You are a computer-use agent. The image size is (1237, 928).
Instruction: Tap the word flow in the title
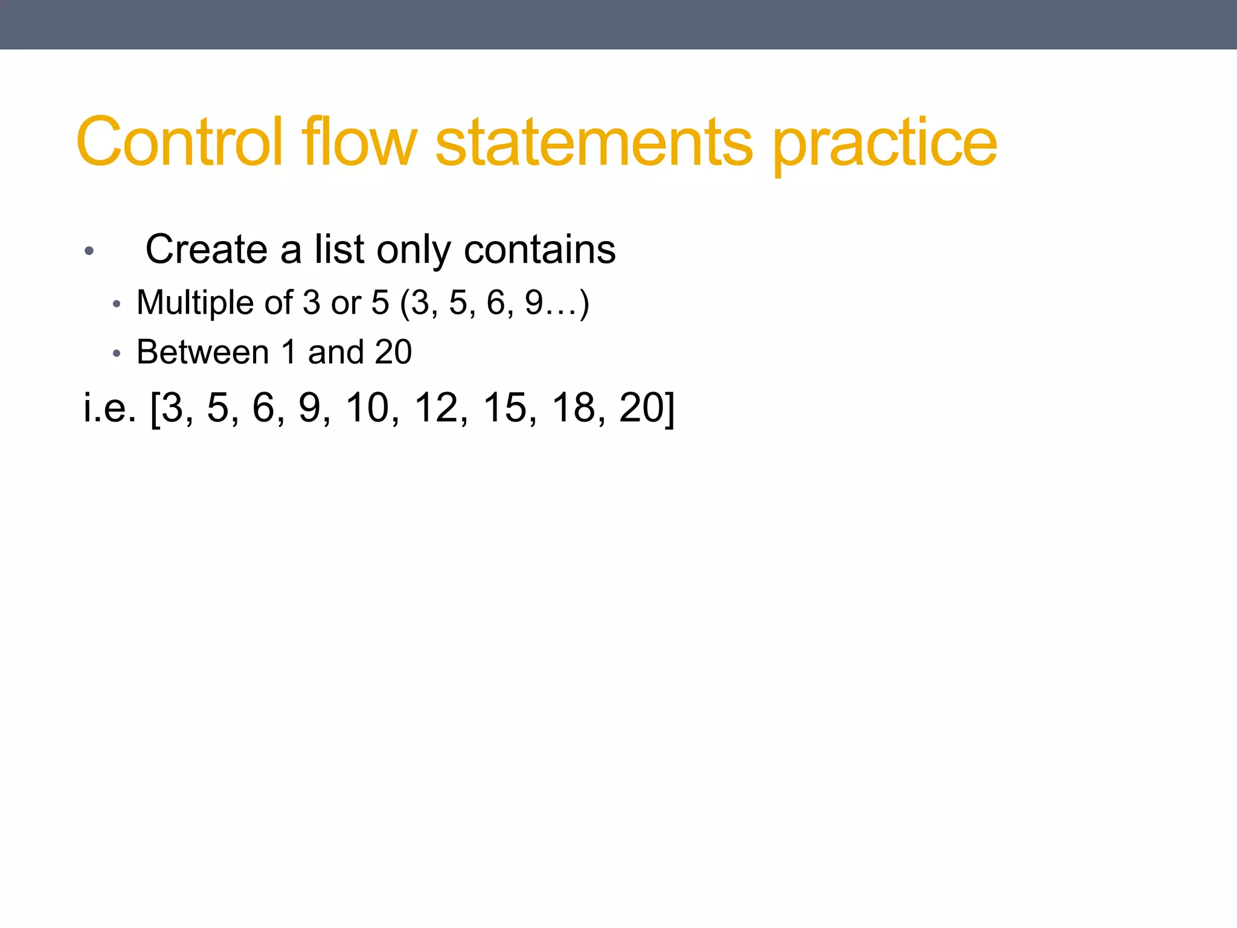coord(360,143)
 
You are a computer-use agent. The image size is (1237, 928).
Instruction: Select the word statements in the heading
coord(594,143)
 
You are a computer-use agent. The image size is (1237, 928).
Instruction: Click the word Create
coord(207,249)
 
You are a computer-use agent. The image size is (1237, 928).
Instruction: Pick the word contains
coord(539,249)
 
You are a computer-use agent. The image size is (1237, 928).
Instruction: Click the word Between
coord(202,352)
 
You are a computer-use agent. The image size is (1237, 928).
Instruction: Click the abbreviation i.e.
coord(109,408)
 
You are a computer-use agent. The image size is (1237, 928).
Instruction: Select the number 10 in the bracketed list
coord(367,408)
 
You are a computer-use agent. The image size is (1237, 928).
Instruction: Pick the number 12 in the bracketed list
coord(435,408)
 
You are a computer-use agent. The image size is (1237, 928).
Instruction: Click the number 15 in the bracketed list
coord(504,408)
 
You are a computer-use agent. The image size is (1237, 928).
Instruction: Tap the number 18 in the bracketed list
coord(573,408)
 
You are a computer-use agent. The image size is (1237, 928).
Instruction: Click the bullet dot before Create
coord(89,251)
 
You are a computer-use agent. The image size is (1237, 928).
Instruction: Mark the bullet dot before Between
coord(117,353)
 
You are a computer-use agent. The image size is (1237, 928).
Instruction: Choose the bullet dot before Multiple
coord(117,304)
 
